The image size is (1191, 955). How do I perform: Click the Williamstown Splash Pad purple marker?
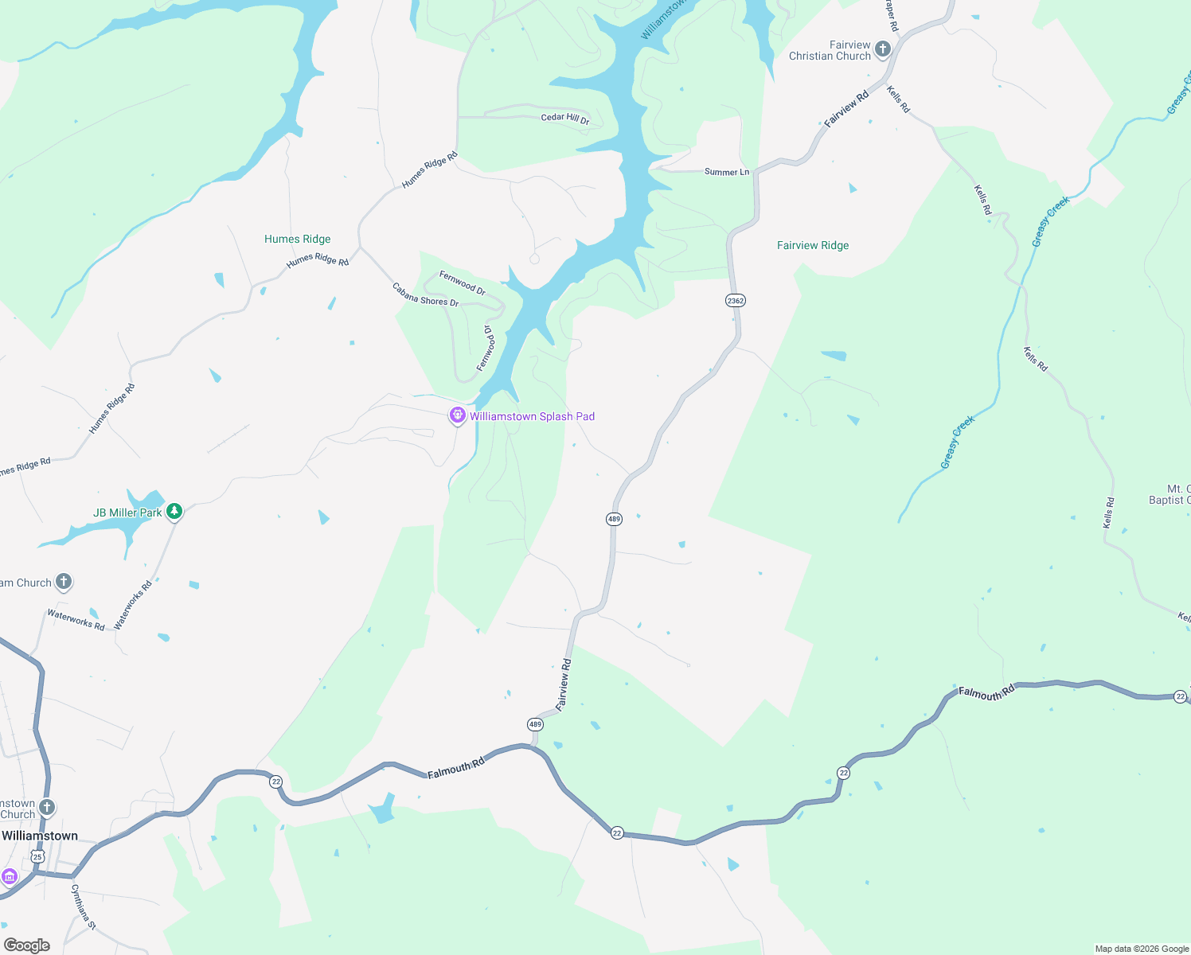click(457, 415)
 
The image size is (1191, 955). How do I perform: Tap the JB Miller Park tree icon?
click(174, 512)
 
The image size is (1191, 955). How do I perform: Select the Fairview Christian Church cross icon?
click(882, 49)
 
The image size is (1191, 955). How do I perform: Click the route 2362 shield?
click(735, 300)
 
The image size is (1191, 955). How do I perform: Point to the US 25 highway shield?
click(37, 856)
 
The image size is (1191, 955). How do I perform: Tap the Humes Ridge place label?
click(297, 239)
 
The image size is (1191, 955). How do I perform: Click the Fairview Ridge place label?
click(813, 245)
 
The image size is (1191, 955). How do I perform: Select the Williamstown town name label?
click(40, 836)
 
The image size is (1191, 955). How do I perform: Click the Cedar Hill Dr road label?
click(565, 119)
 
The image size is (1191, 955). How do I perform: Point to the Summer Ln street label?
click(726, 172)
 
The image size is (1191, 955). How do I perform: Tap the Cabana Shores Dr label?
click(425, 294)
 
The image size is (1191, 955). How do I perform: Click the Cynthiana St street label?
click(84, 907)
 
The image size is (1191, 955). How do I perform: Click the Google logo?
click(27, 945)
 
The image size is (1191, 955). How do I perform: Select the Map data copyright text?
click(1142, 949)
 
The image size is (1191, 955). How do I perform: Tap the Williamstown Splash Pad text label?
click(532, 416)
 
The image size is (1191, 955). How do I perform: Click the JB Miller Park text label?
click(127, 513)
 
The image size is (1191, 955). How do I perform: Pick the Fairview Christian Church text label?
click(830, 50)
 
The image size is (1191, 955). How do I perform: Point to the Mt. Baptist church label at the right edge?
click(1170, 494)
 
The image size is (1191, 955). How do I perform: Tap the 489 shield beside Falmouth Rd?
click(535, 724)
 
